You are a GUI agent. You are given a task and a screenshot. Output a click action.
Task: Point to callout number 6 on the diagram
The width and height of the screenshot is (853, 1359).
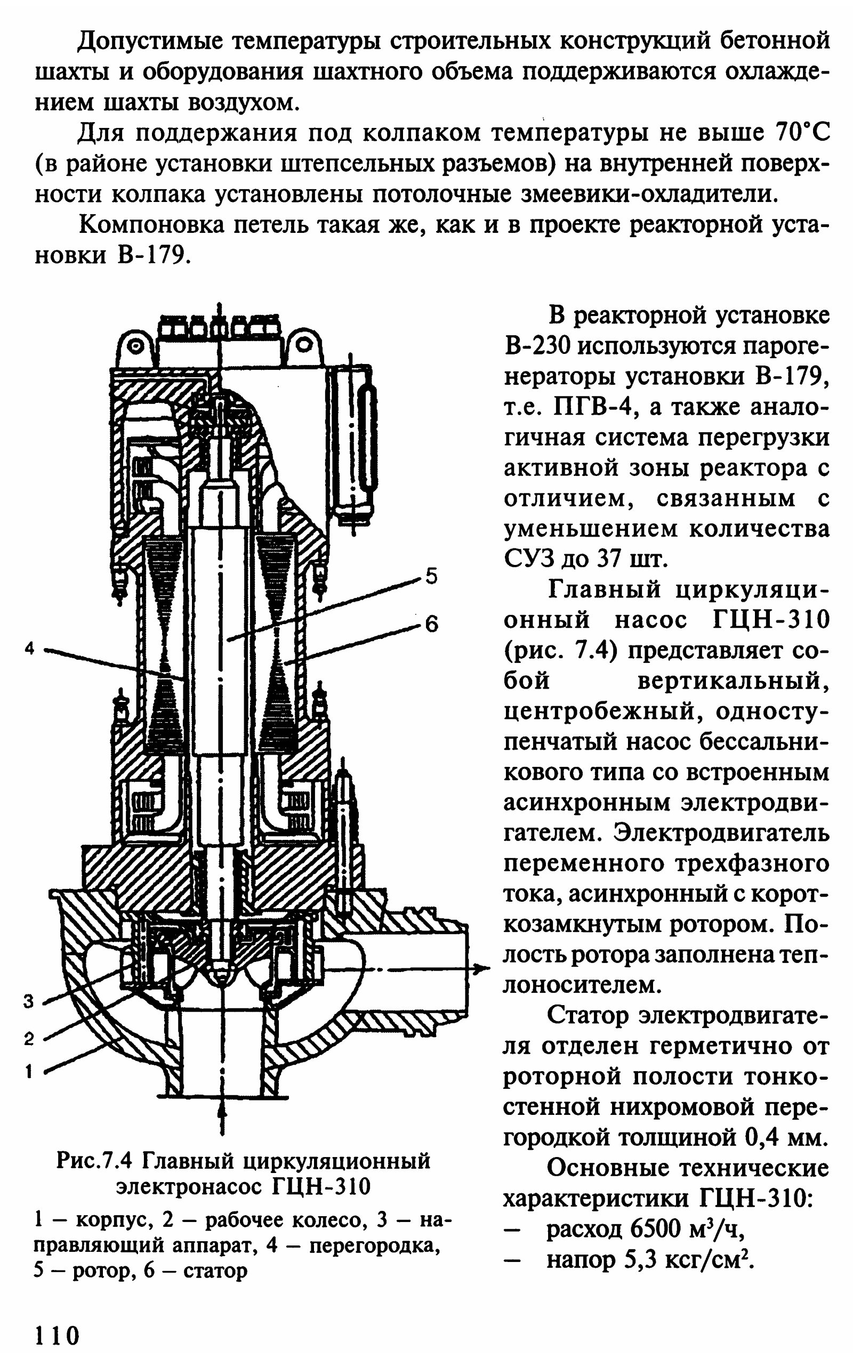tap(432, 624)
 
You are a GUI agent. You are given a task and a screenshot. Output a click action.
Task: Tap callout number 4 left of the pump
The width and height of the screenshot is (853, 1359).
tap(30, 649)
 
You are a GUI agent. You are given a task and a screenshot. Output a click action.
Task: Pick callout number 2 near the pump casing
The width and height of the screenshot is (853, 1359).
tap(29, 1038)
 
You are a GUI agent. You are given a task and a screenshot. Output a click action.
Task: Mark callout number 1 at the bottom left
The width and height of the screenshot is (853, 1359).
tap(29, 1071)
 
